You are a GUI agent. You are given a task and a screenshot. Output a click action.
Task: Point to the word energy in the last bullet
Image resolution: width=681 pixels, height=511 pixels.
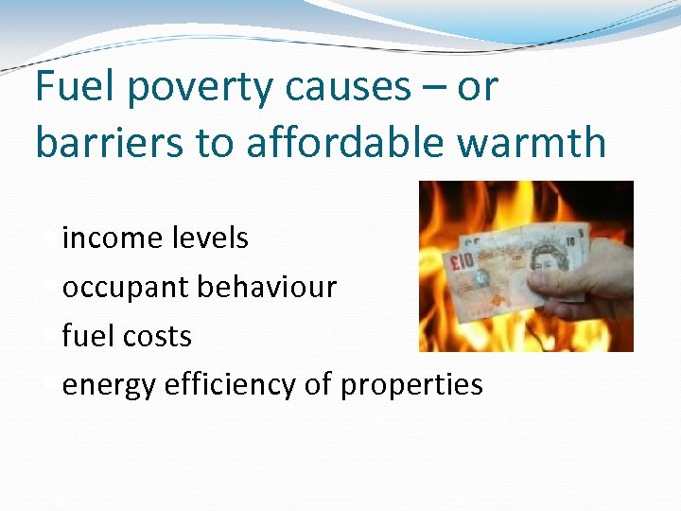109,384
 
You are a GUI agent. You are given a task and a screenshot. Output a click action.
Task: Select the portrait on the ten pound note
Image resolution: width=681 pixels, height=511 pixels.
549,258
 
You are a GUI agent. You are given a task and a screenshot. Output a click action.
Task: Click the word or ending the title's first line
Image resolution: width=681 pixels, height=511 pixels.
477,88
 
